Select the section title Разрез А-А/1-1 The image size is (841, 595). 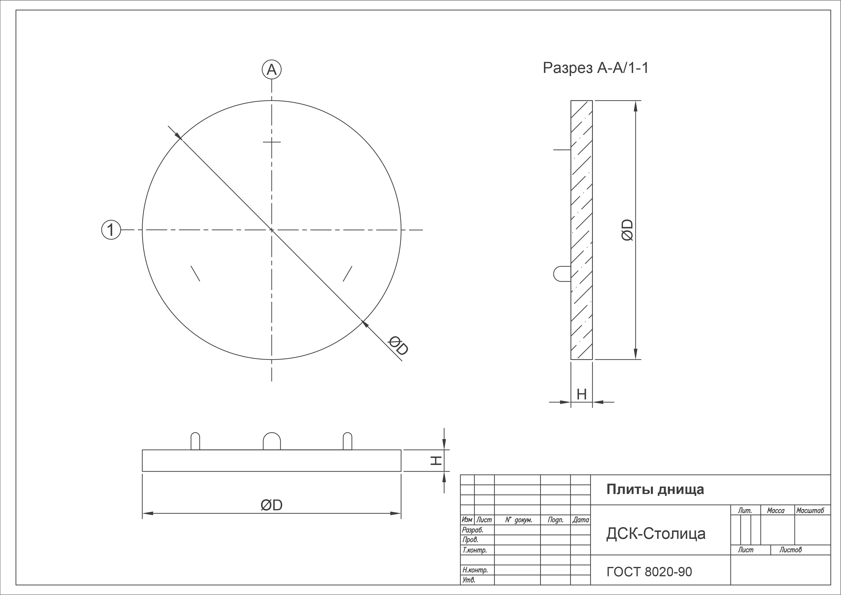596,68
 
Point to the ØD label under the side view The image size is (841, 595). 271,505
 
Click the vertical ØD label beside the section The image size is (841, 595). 627,230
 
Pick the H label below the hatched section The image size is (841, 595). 582,394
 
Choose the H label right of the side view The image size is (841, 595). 436,460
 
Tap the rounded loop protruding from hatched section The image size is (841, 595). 562,274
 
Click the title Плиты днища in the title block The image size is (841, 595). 655,490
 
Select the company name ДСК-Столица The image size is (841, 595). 656,534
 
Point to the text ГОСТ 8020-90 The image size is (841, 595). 649,572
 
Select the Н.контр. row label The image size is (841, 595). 475,570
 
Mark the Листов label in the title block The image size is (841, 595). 790,550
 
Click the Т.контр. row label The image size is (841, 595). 474,550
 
